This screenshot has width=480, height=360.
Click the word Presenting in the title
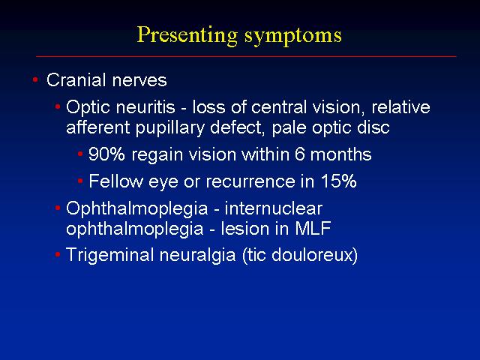click(x=187, y=35)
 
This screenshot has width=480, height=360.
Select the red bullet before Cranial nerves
click(x=35, y=80)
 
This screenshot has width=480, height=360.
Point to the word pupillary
click(x=170, y=128)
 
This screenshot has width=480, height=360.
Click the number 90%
click(x=106, y=154)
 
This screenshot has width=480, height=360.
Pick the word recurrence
click(x=250, y=181)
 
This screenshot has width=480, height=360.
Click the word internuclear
click(x=273, y=208)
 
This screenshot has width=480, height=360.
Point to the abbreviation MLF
click(x=313, y=228)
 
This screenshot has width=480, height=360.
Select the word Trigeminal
click(x=110, y=255)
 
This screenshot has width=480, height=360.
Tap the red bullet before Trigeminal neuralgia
click(x=58, y=254)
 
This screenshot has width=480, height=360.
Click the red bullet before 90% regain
click(x=80, y=154)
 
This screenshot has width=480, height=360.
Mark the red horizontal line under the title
click(x=246, y=56)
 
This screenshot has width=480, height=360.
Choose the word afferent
click(x=98, y=127)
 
